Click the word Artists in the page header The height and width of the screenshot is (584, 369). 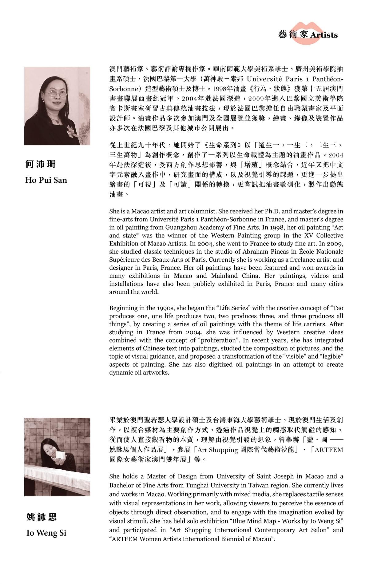point(324,35)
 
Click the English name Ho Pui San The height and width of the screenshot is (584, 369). point(46,180)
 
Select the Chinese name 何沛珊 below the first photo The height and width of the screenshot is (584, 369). point(40,164)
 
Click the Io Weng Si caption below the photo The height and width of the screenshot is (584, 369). point(46,533)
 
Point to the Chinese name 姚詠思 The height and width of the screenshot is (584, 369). point(42,517)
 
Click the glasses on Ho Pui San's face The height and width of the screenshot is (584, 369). point(56,93)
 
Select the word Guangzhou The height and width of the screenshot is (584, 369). point(181,228)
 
